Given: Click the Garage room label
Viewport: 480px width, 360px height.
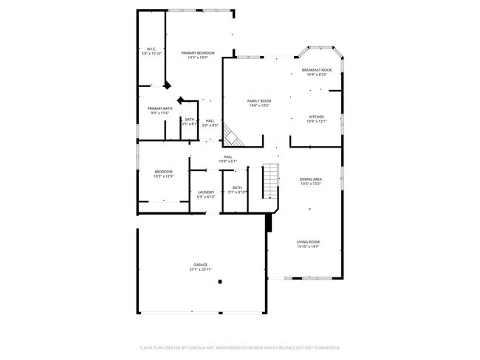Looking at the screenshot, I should pyautogui.click(x=201, y=264).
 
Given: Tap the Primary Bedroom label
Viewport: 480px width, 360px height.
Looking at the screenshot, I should pyautogui.click(x=197, y=53).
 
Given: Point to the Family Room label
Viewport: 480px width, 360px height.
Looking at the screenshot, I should pyautogui.click(x=258, y=100).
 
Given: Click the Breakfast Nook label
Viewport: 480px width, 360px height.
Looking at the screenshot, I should pyautogui.click(x=317, y=69).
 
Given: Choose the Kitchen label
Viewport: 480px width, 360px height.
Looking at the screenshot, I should pyautogui.click(x=317, y=117).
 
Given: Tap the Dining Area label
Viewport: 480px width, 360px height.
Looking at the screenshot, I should pyautogui.click(x=310, y=179).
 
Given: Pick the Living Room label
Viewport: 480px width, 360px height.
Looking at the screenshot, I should pyautogui.click(x=308, y=242).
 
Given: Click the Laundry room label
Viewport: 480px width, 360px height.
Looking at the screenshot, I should pyautogui.click(x=206, y=193).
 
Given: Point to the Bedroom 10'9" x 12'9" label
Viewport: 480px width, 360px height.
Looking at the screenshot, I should pyautogui.click(x=163, y=174).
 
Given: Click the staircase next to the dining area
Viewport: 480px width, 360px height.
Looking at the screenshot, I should pyautogui.click(x=272, y=182).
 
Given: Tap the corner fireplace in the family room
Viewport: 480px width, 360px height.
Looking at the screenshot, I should pyautogui.click(x=233, y=136).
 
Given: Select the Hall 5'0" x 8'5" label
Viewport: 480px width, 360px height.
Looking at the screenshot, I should pyautogui.click(x=210, y=123).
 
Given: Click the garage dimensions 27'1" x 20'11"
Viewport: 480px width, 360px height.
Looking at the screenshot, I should pyautogui.click(x=201, y=269).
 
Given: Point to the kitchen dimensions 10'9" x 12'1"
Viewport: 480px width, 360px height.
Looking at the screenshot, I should pyautogui.click(x=317, y=122).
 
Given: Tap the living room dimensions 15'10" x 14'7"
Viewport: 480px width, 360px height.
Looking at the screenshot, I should pyautogui.click(x=308, y=247).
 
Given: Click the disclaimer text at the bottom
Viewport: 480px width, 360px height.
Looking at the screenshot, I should pyautogui.click(x=239, y=347).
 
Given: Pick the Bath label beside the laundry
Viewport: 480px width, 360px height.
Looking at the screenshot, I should pyautogui.click(x=237, y=190).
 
